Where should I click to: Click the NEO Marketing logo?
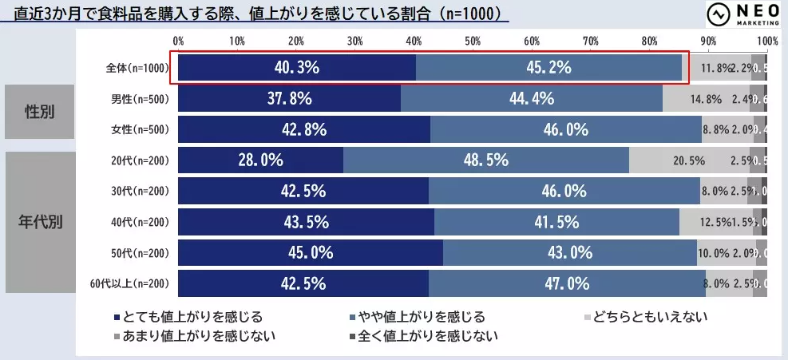pos(735,16)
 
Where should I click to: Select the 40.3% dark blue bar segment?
pos(296,68)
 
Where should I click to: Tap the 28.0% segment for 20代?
pos(260,160)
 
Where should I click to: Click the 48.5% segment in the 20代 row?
pos(485,160)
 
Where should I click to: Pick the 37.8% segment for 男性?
pos(289,99)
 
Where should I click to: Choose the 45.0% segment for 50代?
pos(310,253)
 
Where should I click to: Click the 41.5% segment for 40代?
pos(556,222)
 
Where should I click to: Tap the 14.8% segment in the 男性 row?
pos(706,99)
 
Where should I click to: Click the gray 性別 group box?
pos(40,111)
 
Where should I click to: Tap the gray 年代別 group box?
pos(40,222)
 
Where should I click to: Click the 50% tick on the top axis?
pos(473,40)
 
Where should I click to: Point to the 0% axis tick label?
pos(179,40)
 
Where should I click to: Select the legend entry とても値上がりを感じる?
pos(188,317)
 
